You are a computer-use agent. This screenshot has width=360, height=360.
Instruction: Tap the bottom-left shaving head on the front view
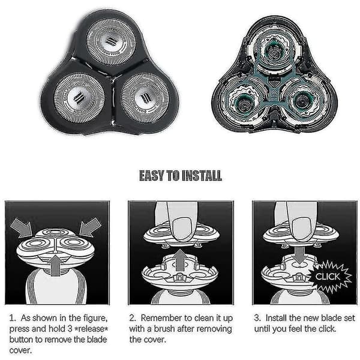pyautogui.click(x=79, y=98)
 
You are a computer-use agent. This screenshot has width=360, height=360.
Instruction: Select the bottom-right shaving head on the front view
pyautogui.click(x=145, y=98)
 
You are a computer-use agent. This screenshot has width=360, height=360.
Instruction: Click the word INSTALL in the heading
pyautogui.click(x=202, y=176)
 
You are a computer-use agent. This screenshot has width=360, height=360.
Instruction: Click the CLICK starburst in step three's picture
pyautogui.click(x=329, y=276)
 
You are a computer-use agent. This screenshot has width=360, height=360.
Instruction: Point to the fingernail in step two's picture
pyautogui.click(x=182, y=230)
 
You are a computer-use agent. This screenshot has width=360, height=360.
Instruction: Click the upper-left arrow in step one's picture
pyautogui.click(x=22, y=227)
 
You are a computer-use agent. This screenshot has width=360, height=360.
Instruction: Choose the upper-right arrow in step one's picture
pyautogui.click(x=91, y=227)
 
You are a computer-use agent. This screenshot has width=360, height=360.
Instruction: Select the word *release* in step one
pyautogui.click(x=91, y=329)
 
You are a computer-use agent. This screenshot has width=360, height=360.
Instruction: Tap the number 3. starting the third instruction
pyautogui.click(x=257, y=318)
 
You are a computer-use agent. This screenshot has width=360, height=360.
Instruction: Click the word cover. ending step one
pyautogui.click(x=20, y=350)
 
